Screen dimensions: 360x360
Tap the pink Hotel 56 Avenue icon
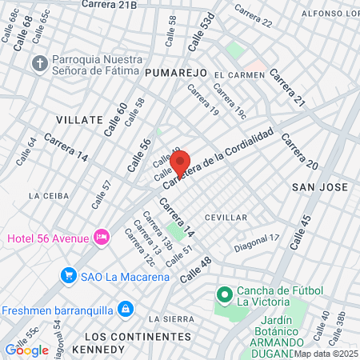click(x=102, y=237)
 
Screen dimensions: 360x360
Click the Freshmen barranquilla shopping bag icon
click(x=125, y=309)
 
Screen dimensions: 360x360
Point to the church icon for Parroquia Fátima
click(x=39, y=62)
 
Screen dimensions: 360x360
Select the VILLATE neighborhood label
click(x=79, y=119)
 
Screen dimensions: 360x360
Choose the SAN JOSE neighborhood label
click(x=320, y=187)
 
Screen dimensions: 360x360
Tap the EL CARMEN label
click(x=238, y=75)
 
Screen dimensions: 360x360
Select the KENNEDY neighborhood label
click(x=98, y=350)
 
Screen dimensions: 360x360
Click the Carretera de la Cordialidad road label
click(x=219, y=158)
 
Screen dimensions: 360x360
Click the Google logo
click(x=26, y=350)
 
